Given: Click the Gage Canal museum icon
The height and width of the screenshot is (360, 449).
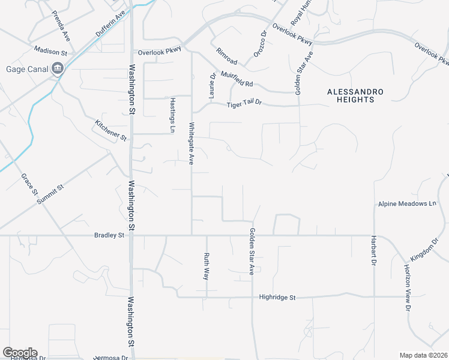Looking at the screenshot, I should [x=58, y=68].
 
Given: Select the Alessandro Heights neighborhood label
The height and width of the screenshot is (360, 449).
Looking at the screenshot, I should [x=355, y=95].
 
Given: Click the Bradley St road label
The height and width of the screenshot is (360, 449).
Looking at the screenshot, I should [x=109, y=235].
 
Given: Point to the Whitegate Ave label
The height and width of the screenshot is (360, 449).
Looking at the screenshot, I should [x=191, y=144].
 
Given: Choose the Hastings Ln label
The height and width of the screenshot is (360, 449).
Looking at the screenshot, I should [x=172, y=115].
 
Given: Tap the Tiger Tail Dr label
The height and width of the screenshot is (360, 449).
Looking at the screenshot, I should [x=244, y=105].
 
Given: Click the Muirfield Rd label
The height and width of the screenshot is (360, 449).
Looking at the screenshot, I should [x=237, y=80].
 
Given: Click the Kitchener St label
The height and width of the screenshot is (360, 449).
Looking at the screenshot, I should [x=110, y=130].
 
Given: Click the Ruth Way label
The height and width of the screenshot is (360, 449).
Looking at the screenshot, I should [x=206, y=266].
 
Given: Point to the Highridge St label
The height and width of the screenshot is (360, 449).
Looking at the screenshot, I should [x=278, y=297].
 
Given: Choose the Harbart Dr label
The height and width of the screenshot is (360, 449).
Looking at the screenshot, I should [x=373, y=254].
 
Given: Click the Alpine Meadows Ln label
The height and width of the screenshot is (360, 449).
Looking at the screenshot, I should [x=407, y=204].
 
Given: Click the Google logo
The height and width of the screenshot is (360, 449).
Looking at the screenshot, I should [x=20, y=353].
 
